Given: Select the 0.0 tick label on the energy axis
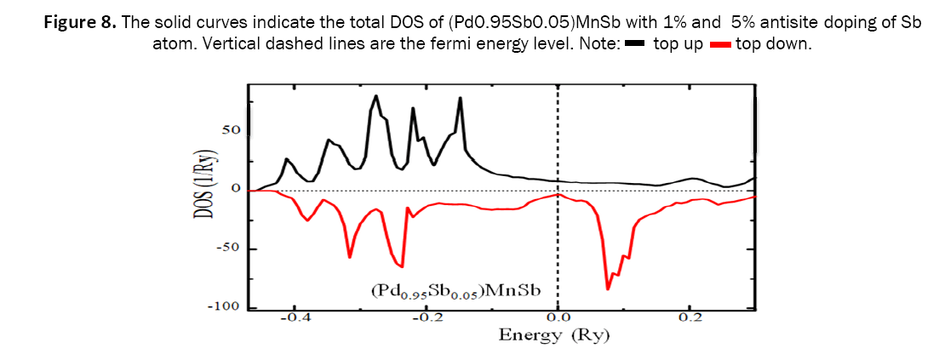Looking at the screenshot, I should coord(557,318).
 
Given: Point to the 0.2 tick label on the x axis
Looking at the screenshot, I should coord(690,318).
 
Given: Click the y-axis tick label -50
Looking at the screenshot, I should coord(227,249).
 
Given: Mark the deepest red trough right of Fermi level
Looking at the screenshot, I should coord(608,289).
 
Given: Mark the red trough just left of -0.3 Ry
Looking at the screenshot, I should coord(350,256).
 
